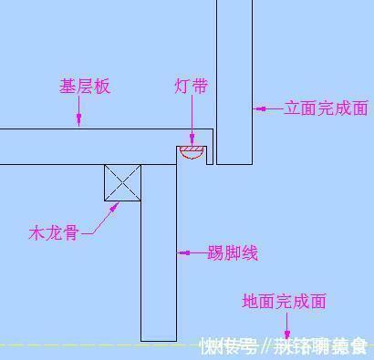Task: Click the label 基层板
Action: pos(85,87)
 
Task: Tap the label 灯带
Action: pos(191,87)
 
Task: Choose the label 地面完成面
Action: pos(284,302)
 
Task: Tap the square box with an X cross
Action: pos(121,182)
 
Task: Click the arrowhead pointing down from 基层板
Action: pos(81,121)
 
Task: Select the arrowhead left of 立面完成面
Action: pos(260,108)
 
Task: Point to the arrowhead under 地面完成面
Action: pos(288,335)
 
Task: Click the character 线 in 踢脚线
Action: pos(249,252)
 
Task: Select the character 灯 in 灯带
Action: pos(182,87)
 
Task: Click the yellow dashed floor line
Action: pos(91,345)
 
